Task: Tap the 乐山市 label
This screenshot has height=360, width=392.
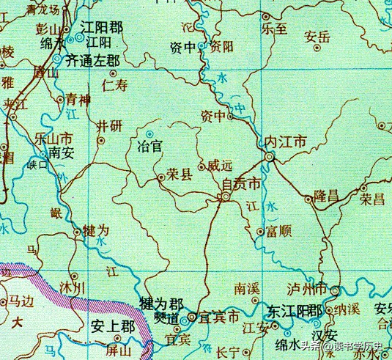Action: click(53, 137)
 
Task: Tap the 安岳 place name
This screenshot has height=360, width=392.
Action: click(317, 35)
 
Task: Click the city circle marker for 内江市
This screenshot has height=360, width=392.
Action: click(269, 157)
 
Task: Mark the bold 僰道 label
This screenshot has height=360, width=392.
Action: click(166, 319)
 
